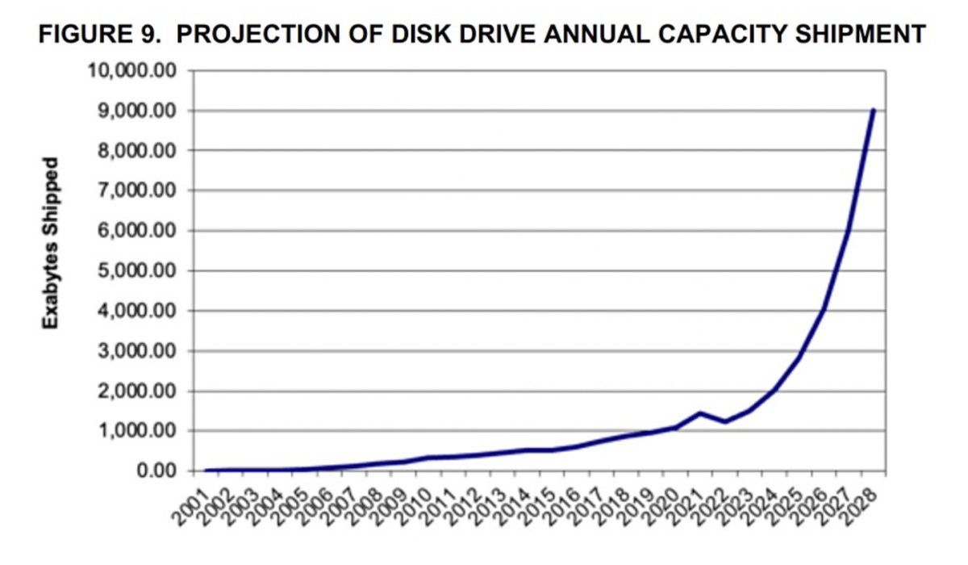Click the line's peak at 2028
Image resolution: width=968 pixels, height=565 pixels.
point(873,110)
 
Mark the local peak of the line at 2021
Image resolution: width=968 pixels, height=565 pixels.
point(700,413)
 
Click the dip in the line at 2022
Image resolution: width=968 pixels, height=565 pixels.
point(725,422)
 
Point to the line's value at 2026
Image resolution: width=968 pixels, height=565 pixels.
point(824,310)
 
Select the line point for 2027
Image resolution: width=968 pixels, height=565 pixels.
point(848,232)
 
